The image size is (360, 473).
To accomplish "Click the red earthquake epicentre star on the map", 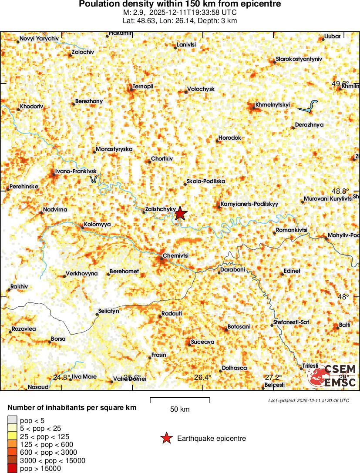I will [181, 213].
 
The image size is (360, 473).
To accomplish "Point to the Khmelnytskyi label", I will [272, 104].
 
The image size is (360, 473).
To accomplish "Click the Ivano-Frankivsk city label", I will [76, 171].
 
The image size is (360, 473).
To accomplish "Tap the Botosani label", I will [239, 327].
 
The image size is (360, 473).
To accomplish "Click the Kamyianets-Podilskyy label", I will [249, 204].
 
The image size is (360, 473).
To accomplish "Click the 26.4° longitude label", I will [202, 377].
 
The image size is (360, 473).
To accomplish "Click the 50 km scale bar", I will [180, 400].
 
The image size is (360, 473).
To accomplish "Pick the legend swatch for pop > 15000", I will [12, 469].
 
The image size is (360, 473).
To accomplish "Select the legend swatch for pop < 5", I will [12, 420].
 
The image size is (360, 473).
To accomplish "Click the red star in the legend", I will [166, 439].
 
